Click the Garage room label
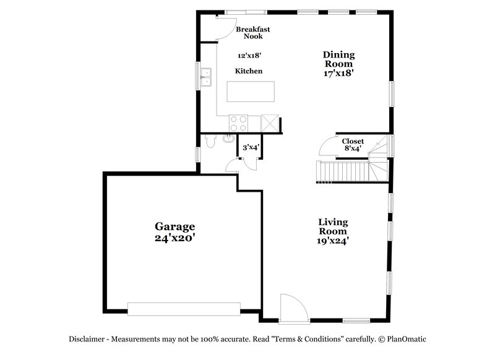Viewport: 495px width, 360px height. pyautogui.click(x=174, y=226)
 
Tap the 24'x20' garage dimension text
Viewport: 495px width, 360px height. pyautogui.click(x=174, y=237)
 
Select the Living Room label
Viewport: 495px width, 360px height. pyautogui.click(x=333, y=226)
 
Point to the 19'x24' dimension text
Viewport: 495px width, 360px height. pyautogui.click(x=333, y=242)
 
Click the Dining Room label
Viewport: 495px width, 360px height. pyautogui.click(x=338, y=59)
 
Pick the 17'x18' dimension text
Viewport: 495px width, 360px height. pyautogui.click(x=338, y=72)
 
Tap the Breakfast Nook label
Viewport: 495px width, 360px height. pyautogui.click(x=252, y=32)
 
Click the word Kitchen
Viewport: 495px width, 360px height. pyautogui.click(x=249, y=71)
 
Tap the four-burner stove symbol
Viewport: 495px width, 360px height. pyautogui.click(x=238, y=123)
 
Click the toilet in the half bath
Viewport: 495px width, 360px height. pyautogui.click(x=210, y=142)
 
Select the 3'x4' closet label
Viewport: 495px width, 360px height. pyautogui.click(x=250, y=147)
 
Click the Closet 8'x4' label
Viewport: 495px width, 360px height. pyautogui.click(x=353, y=145)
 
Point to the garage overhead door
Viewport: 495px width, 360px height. pyautogui.click(x=184, y=307)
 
